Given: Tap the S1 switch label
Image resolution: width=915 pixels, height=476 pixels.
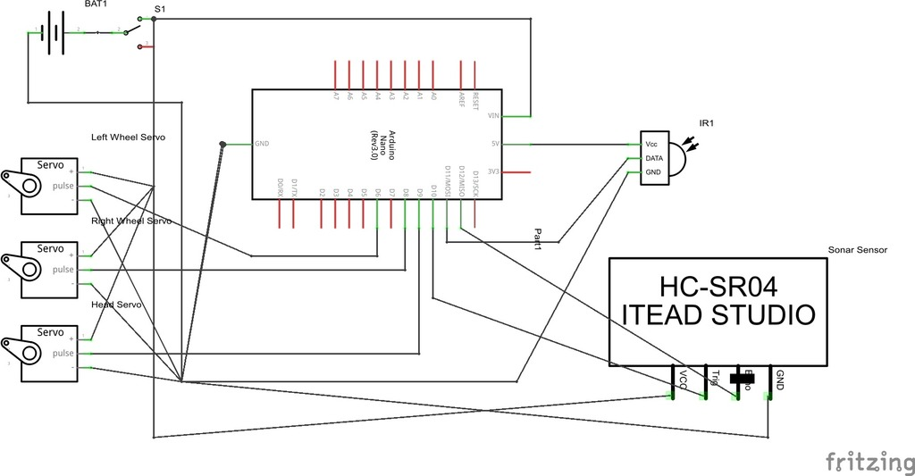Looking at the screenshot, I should [159, 9].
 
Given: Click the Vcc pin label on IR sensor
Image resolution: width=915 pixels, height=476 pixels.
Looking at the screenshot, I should [652, 144].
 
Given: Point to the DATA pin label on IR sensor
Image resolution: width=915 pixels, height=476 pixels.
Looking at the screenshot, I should [654, 158].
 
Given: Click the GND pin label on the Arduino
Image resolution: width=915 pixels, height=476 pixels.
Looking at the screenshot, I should [262, 144].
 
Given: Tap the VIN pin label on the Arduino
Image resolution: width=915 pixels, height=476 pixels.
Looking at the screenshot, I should [493, 116].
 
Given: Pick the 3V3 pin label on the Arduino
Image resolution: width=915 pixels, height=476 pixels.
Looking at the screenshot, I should [494, 171].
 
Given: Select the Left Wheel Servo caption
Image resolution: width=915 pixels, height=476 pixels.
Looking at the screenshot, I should [128, 138].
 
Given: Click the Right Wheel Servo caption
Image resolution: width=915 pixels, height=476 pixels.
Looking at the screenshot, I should [130, 221].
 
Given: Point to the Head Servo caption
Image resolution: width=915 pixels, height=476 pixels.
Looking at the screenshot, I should [117, 305].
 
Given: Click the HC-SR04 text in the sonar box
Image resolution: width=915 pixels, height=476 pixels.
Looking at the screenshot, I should [718, 287].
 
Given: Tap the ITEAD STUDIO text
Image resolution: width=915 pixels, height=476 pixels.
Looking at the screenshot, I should [718, 315].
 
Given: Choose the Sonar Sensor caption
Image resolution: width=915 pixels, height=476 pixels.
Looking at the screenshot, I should [858, 250].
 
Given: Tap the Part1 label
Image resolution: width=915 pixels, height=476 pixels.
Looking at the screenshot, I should [538, 237].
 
